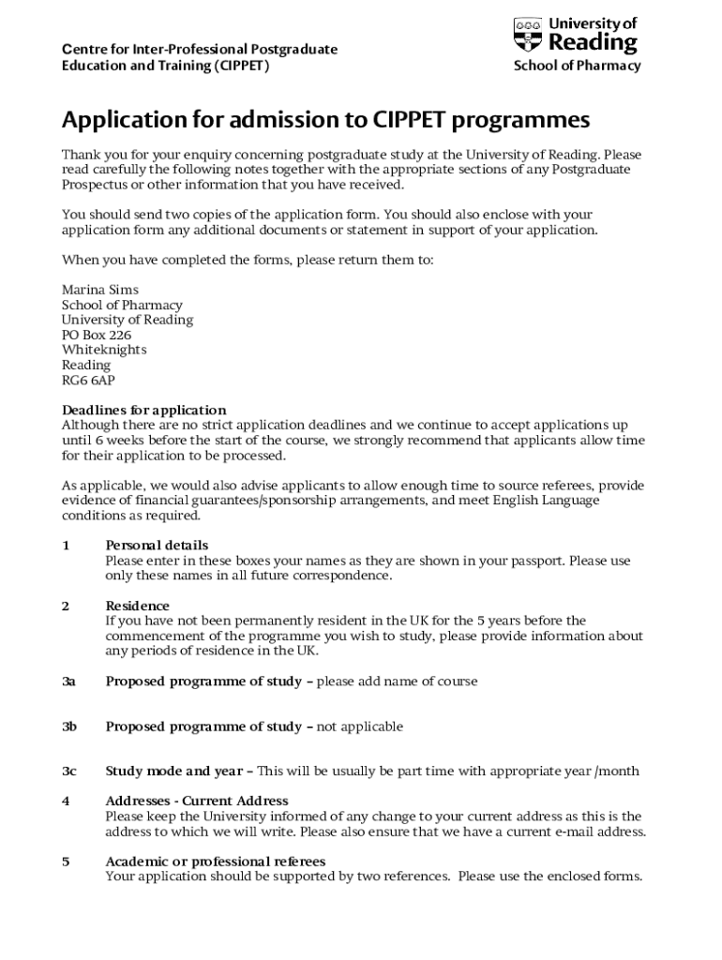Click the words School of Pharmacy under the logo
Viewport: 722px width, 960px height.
pos(577,66)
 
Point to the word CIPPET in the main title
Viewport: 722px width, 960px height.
pos(417,121)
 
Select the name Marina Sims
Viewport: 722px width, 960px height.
pos(100,290)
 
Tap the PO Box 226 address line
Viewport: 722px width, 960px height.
pos(97,335)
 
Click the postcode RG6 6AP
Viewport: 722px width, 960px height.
pos(89,380)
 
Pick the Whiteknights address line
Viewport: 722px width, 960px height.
pos(104,350)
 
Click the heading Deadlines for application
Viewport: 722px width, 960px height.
pos(143,410)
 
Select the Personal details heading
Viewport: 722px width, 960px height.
pos(157,545)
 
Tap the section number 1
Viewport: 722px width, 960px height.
pos(66,545)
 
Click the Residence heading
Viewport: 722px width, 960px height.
pos(137,606)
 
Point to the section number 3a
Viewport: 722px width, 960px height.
pos(68,682)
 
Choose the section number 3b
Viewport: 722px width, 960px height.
pos(68,727)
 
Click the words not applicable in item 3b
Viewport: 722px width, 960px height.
pos(360,727)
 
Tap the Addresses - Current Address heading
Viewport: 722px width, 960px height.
pos(197,801)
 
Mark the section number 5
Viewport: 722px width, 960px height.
pos(66,862)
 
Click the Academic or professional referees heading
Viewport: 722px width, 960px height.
pos(215,862)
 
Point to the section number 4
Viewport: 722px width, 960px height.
pos(66,801)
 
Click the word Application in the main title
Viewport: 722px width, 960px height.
pos(125,121)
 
